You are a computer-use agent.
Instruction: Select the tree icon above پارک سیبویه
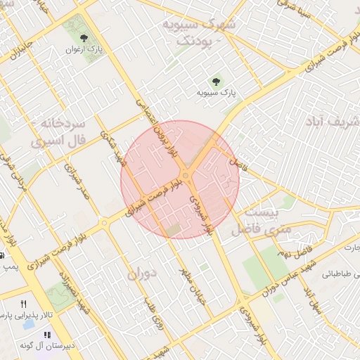pos(215,80)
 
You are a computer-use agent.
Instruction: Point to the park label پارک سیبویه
pos(215,92)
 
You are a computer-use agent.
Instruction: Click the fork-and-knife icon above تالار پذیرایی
pos(24,304)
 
